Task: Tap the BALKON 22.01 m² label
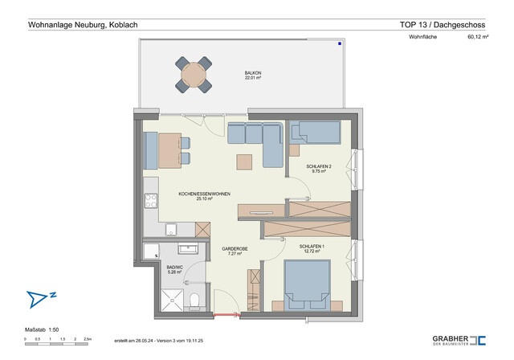(x=254, y=76)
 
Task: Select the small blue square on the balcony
(x=340, y=43)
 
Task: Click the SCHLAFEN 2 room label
(x=319, y=169)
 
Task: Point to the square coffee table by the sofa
(x=244, y=162)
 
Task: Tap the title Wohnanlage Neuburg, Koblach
(x=83, y=25)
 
